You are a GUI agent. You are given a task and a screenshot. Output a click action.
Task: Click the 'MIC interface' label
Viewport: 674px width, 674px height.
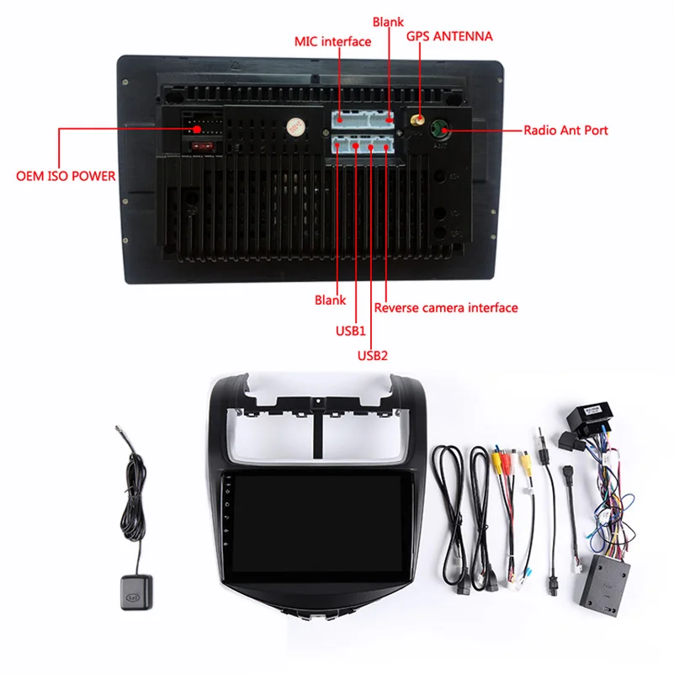(332, 41)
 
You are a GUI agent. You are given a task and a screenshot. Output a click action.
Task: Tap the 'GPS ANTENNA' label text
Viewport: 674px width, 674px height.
(449, 36)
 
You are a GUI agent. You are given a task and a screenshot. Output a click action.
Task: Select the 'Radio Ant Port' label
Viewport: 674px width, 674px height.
(565, 130)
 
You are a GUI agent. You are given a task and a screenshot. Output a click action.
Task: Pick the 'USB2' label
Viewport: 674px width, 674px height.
(373, 354)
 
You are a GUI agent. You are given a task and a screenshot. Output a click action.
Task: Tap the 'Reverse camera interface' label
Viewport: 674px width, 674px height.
(446, 308)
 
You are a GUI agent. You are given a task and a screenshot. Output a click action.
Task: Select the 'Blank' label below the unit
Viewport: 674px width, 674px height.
(330, 300)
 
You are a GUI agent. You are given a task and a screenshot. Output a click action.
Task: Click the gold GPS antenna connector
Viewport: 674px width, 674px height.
(416, 123)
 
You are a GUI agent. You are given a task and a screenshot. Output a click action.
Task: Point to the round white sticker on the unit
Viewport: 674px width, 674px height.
(294, 127)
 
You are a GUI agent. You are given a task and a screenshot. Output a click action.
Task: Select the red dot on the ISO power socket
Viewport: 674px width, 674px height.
(197, 129)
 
